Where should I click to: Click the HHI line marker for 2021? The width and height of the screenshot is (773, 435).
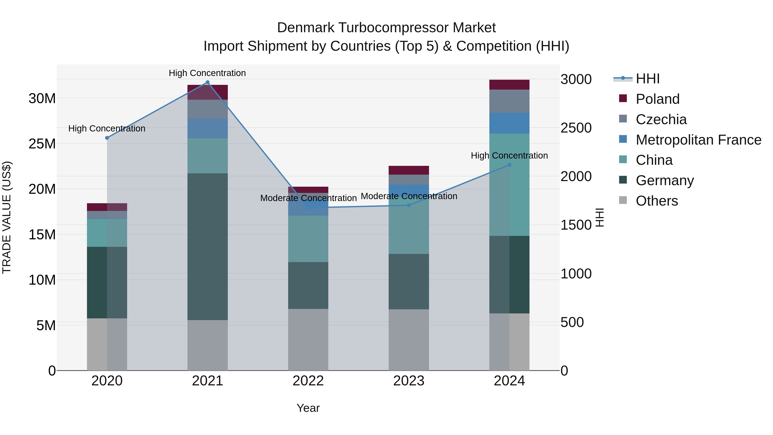point(207,82)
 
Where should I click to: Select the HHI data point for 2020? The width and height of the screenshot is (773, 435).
point(107,138)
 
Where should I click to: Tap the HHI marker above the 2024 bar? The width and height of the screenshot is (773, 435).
point(509,165)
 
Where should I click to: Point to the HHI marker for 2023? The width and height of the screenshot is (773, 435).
point(409,205)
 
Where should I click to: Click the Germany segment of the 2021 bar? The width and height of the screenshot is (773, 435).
point(207,246)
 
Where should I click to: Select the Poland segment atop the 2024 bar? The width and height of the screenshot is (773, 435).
point(509,85)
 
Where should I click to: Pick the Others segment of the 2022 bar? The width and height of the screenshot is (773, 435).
point(308,339)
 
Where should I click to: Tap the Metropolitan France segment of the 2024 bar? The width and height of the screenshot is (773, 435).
point(509,123)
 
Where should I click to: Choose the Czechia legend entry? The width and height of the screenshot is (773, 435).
point(661,119)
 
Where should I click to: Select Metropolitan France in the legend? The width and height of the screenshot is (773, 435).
point(698,140)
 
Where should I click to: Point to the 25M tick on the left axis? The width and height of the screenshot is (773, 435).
point(42,144)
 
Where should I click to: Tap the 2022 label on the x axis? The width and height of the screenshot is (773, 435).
point(308,381)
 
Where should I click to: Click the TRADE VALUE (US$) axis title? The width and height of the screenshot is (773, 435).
point(7,217)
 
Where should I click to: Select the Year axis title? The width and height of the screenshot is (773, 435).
point(308,408)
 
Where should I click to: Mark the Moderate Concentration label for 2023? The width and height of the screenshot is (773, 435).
point(409,196)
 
